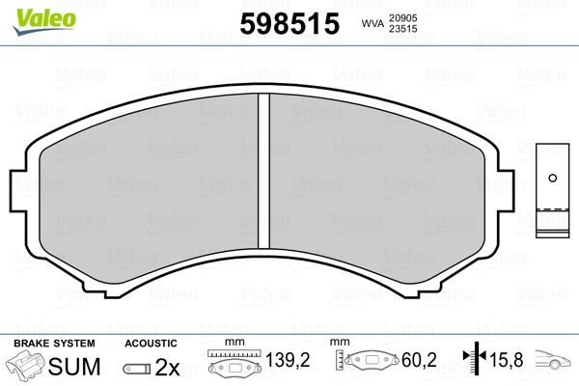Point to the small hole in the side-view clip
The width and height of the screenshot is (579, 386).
pos(552,177)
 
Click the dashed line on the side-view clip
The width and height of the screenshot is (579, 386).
pos(552,207)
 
